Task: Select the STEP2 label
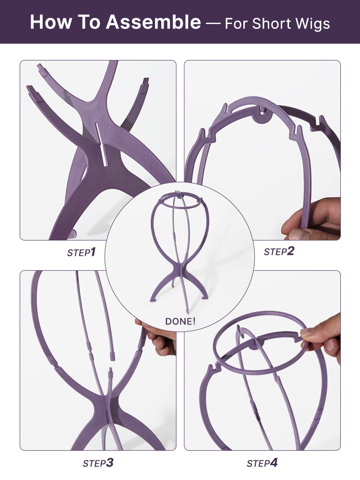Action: point(278,252)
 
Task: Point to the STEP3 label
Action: point(98,463)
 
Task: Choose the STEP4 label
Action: point(262,463)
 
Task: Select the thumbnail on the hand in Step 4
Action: point(307,332)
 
